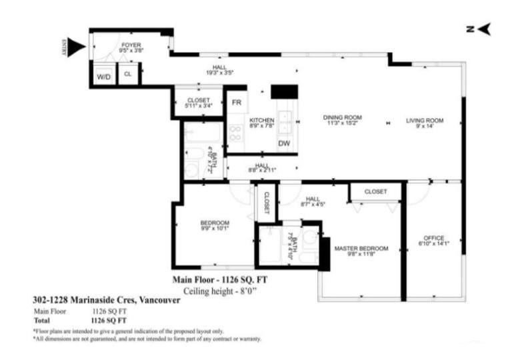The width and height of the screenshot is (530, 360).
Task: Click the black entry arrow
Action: tap(76, 47)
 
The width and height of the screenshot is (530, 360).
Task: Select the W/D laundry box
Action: tap(104, 77)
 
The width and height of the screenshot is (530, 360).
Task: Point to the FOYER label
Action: tap(131, 45)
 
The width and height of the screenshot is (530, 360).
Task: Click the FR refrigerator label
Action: tap(236, 103)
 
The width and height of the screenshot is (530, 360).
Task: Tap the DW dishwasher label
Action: tap(284, 143)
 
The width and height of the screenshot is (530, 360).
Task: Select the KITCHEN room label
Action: tap(262, 120)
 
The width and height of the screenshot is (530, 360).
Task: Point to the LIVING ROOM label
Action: tap(425, 121)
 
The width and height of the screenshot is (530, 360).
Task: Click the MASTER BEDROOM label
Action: tap(361, 248)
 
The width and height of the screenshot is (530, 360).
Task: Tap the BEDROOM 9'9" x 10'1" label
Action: tap(215, 223)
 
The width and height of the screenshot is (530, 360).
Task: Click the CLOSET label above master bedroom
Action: tap(375, 191)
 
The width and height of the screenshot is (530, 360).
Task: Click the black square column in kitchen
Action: tap(283, 91)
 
